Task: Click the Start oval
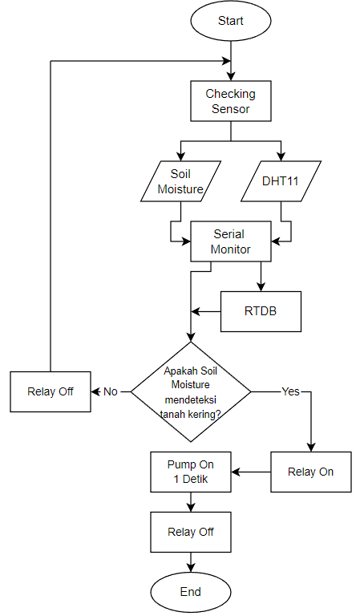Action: (231, 22)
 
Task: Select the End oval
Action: (191, 592)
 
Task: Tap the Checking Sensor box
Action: (231, 101)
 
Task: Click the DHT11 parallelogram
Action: (281, 181)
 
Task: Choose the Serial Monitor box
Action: (231, 241)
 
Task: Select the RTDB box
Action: (261, 311)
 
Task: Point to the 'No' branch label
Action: (111, 391)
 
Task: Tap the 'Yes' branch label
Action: (290, 391)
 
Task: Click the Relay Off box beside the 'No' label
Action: (51, 391)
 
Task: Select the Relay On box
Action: (310, 472)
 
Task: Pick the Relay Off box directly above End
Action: (191, 532)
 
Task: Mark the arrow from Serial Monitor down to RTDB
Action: (261, 277)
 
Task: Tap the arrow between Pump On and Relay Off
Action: (191, 502)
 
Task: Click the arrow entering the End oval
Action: (191, 563)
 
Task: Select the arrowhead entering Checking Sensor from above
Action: (231, 75)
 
